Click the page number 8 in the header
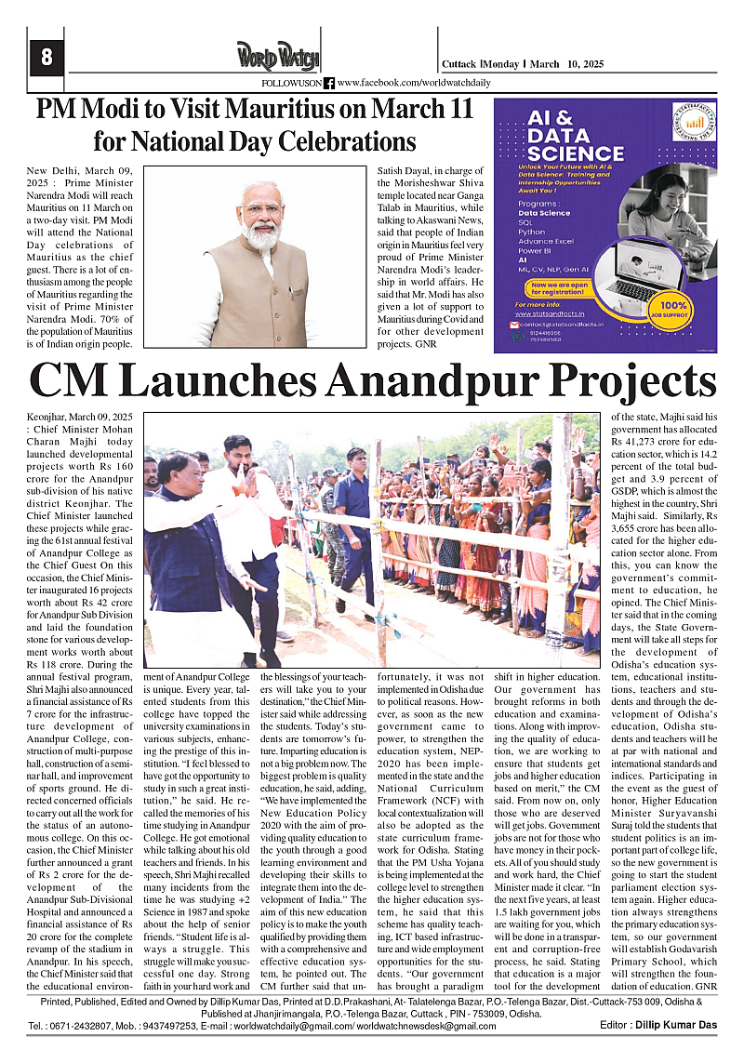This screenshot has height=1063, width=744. pos(46,58)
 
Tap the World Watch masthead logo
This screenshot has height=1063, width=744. pos(277,55)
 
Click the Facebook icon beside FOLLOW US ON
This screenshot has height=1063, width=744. pos(328,83)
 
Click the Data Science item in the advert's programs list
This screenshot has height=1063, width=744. pos(545,212)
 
